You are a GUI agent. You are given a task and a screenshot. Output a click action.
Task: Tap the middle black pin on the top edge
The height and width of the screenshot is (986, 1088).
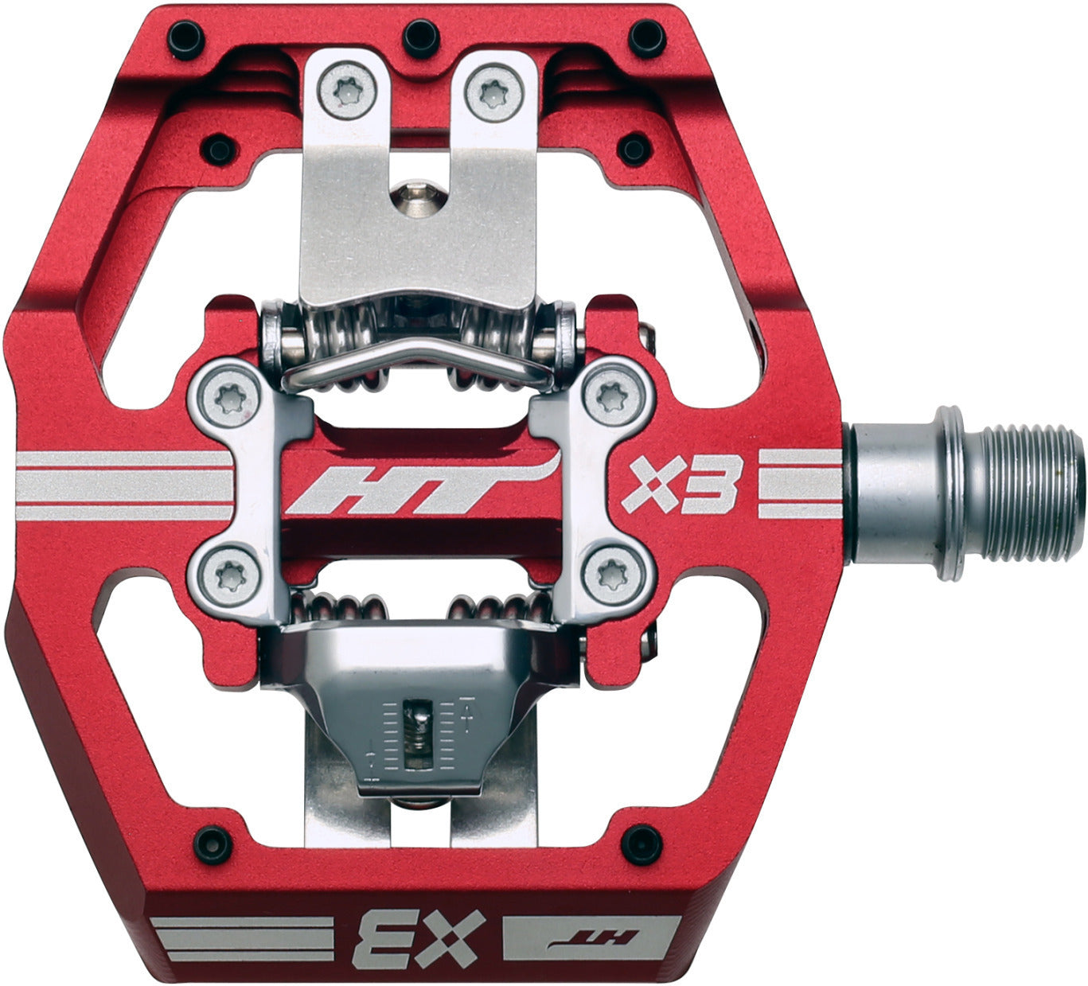point(421,36)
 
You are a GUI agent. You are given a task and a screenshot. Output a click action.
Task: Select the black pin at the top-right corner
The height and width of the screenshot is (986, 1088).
point(646,37)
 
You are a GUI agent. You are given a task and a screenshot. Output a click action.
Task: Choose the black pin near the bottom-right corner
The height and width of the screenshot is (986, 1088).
point(641,844)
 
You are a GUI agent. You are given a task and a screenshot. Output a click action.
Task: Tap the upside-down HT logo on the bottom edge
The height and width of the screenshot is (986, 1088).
point(593,937)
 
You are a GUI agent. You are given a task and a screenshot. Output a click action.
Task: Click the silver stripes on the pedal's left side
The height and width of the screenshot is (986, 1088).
point(123,485)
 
